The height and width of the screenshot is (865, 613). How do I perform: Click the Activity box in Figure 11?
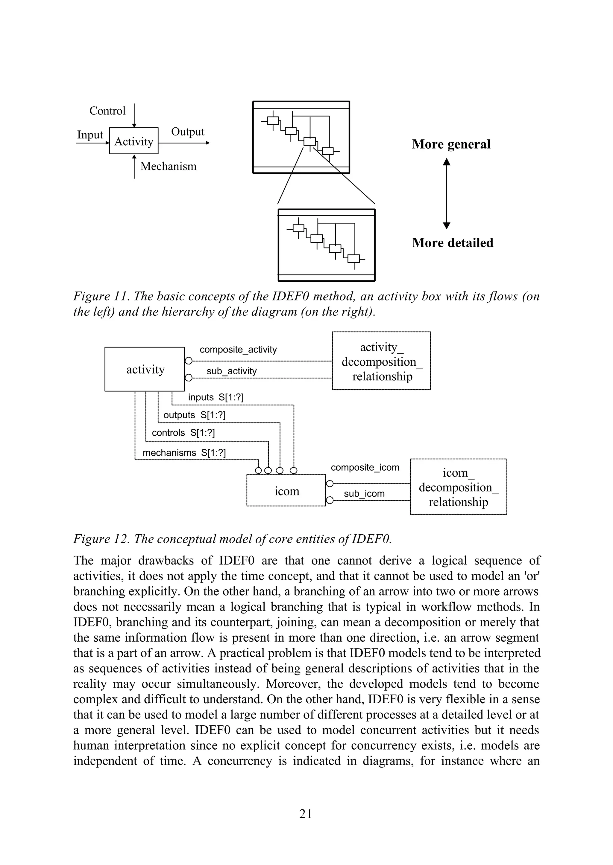click(133, 141)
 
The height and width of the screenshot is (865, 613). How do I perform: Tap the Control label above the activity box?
click(107, 111)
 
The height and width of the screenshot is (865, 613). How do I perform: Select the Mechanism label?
click(168, 166)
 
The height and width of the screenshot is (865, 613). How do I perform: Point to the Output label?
click(188, 132)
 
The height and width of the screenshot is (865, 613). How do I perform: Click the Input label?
click(90, 135)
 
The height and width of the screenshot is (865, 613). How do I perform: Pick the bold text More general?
click(451, 144)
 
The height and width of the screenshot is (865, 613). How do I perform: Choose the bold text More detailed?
click(453, 242)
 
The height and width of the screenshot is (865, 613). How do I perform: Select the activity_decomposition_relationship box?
click(381, 361)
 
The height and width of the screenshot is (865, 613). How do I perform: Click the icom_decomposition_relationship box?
click(458, 487)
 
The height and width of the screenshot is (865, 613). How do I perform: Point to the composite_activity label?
click(238, 350)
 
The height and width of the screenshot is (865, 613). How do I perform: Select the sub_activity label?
click(231, 371)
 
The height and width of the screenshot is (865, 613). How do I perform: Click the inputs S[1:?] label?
click(216, 397)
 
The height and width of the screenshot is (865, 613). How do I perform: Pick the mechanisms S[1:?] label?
click(184, 452)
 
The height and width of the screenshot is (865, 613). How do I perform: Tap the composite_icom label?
click(365, 468)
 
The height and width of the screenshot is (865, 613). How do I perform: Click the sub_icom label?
click(364, 494)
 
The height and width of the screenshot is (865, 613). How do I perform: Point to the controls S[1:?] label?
click(183, 432)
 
